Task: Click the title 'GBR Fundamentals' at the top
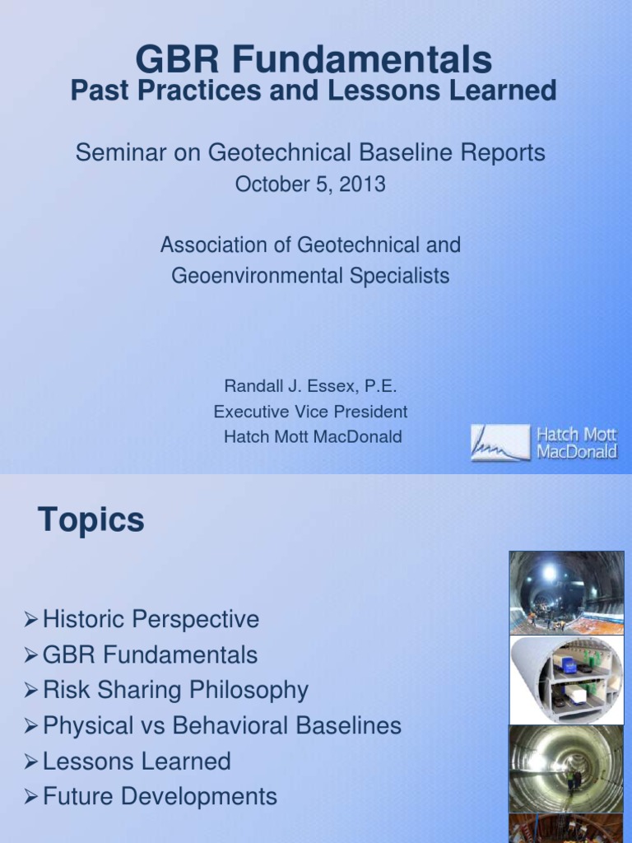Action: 314,60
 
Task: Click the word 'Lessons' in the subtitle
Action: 375,91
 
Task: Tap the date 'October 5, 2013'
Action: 310,184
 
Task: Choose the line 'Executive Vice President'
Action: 310,412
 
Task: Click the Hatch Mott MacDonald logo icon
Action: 500,442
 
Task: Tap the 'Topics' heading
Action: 91,520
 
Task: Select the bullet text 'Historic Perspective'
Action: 151,619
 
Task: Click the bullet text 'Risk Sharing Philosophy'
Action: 175,690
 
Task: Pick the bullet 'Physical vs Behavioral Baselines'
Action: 222,725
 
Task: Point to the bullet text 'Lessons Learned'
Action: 137,761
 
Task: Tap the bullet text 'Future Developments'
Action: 160,797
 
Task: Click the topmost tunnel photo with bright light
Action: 566,592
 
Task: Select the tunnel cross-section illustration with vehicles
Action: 566,679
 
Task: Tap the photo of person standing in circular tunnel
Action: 566,768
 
